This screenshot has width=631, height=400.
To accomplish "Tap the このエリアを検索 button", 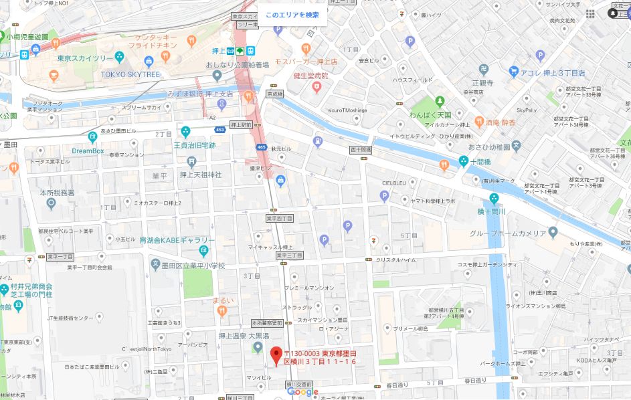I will point(292,15).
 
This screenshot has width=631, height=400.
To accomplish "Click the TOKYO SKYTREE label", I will point(130,74).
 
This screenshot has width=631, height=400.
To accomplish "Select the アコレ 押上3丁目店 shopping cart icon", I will point(514,71).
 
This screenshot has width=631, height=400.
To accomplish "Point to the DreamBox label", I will point(88,151).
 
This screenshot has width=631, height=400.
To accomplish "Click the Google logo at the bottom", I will point(304,393).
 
